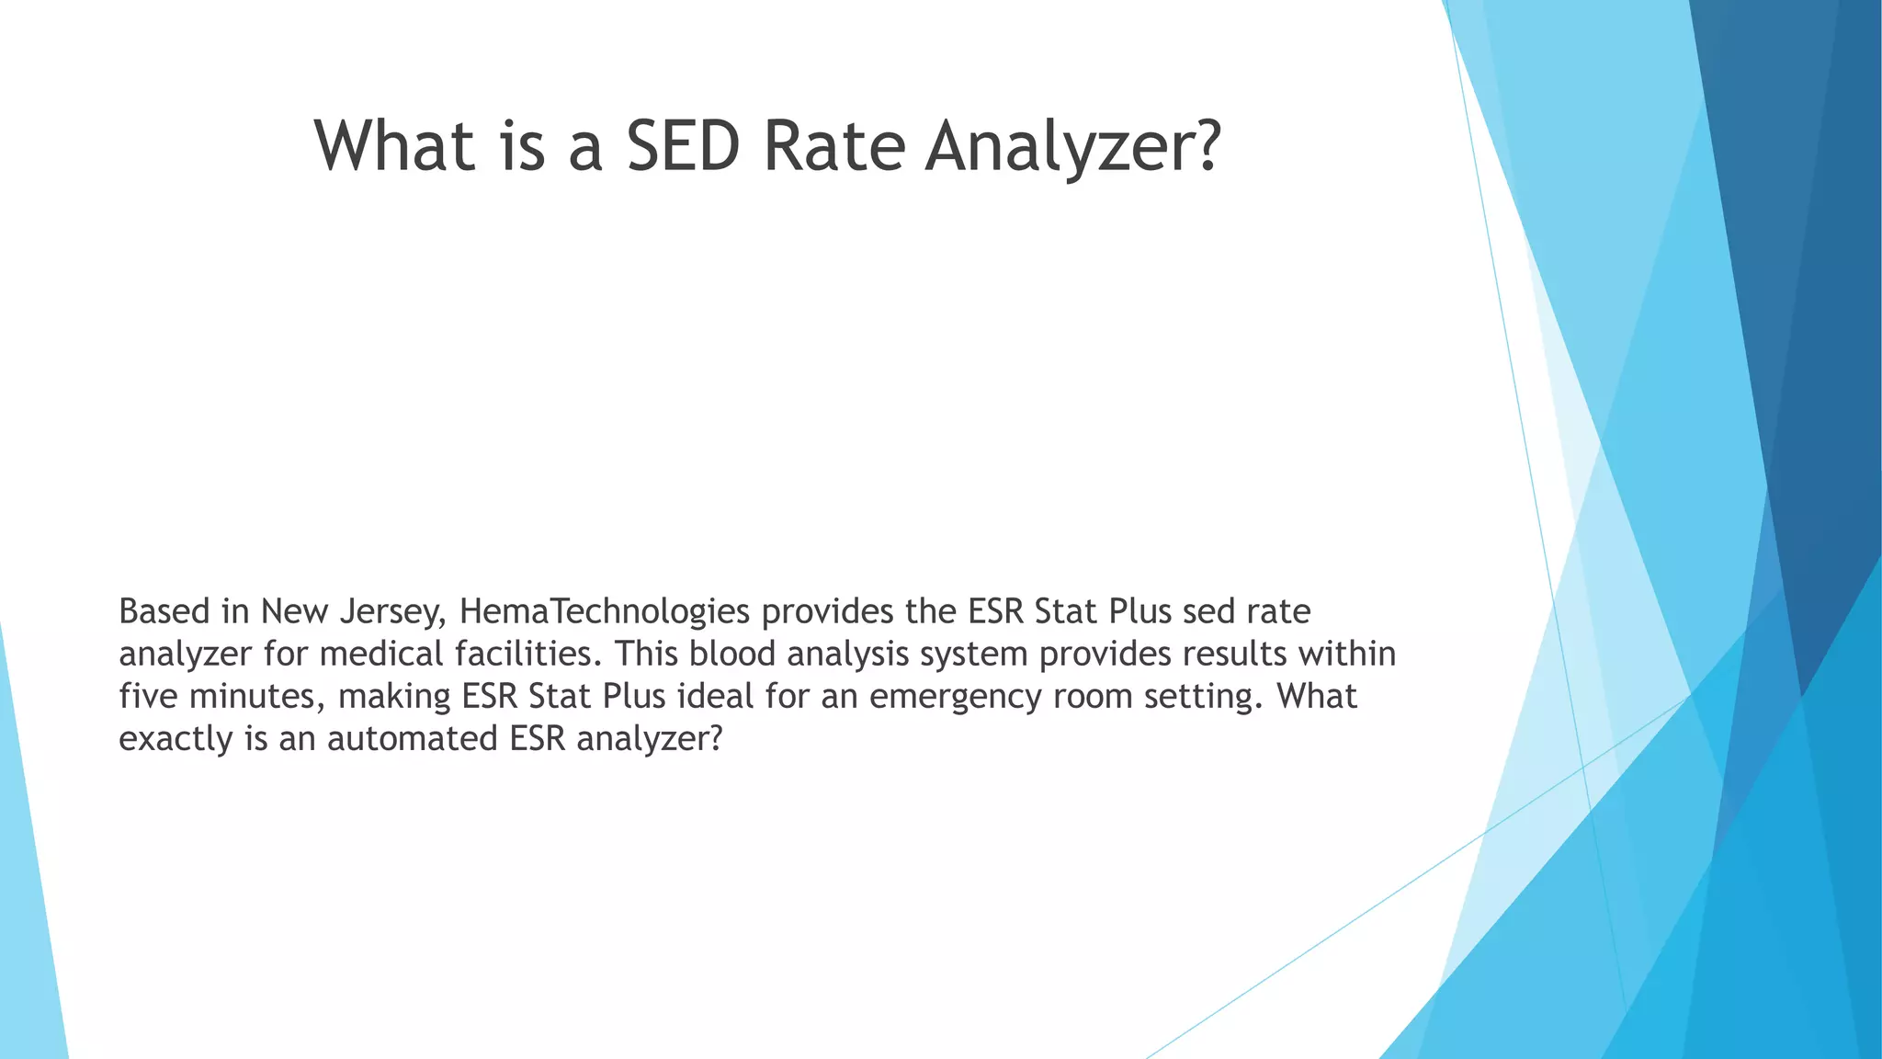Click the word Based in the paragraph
164,611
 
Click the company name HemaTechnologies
604,611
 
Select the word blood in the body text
732,654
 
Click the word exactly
176,739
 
